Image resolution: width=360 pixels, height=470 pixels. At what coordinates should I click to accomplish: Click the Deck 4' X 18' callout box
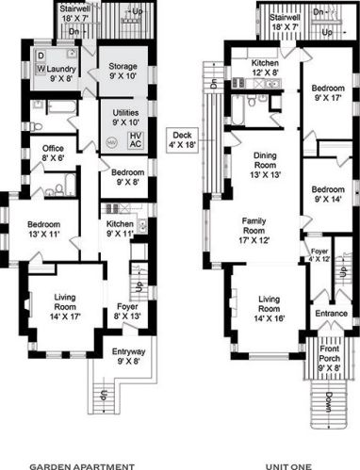tap(182, 140)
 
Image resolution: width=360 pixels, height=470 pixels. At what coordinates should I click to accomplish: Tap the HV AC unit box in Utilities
tap(136, 140)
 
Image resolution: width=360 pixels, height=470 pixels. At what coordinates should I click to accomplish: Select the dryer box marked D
tap(41, 56)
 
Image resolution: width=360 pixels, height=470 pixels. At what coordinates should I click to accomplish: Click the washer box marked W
tap(41, 69)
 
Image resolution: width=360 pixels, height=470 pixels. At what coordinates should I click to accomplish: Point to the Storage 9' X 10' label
tap(123, 72)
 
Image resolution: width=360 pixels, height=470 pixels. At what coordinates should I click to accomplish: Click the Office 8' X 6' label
tap(53, 154)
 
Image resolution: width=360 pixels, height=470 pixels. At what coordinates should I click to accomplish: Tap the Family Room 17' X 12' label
tap(254, 231)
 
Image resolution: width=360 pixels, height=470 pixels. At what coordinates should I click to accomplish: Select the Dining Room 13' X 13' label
tap(265, 165)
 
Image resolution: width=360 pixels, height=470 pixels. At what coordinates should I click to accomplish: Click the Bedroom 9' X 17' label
tap(328, 93)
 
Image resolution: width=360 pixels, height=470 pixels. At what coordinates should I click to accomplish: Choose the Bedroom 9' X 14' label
tap(328, 194)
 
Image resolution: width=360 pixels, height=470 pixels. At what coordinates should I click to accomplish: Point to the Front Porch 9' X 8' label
tap(330, 358)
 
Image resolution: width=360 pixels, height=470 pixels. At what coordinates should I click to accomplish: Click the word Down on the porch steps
tap(329, 403)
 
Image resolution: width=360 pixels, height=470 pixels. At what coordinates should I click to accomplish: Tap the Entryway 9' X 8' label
tap(128, 356)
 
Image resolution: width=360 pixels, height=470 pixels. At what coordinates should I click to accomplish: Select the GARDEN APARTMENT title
tap(82, 466)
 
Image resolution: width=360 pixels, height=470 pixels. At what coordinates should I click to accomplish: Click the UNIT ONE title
tap(288, 466)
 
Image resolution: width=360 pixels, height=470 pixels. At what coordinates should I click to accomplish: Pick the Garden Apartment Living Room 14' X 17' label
tap(65, 307)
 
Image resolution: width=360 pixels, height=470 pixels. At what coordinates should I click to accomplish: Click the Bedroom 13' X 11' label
tap(43, 229)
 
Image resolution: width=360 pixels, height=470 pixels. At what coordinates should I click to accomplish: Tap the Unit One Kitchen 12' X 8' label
tap(265, 68)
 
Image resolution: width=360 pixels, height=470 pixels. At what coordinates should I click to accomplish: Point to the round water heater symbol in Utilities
tap(111, 142)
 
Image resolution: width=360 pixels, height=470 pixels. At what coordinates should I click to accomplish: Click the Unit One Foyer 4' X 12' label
tap(319, 255)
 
